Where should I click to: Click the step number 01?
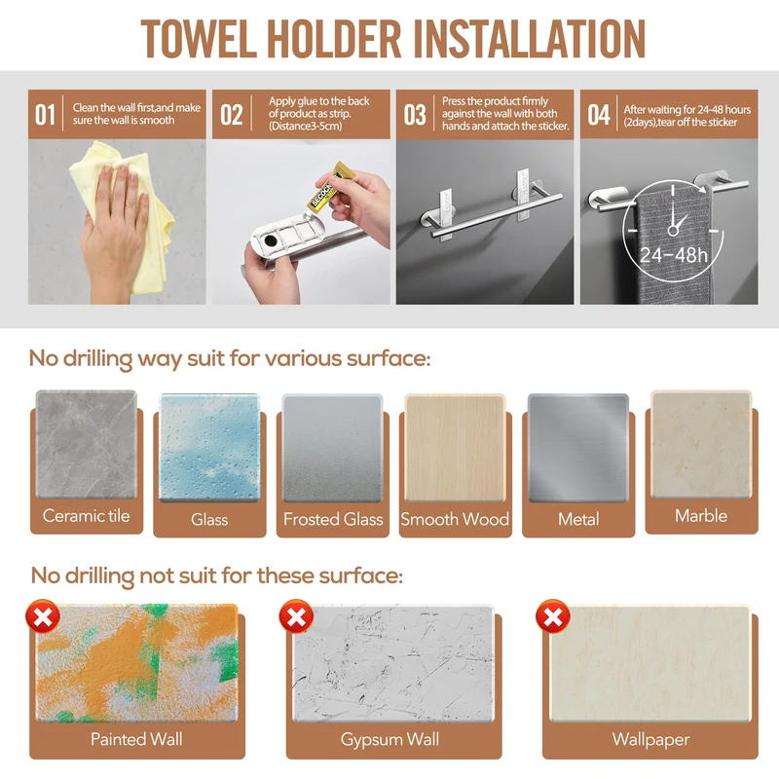point(45,115)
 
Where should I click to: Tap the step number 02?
point(231,115)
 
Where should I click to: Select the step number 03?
point(415,115)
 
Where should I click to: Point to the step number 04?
point(599,115)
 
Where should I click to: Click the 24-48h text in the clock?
point(673,255)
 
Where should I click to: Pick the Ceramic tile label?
point(86,516)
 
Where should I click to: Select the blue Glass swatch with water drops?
point(209,448)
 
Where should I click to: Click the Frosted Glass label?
point(333,519)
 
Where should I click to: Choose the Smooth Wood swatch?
point(455,448)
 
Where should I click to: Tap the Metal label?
point(578,519)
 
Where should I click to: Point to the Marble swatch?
point(701,445)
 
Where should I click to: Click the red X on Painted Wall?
point(43,616)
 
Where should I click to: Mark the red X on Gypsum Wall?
point(296,616)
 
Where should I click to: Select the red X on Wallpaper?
point(552,616)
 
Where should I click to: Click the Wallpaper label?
point(650,740)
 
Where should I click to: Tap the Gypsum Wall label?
point(390,740)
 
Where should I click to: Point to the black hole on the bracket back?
point(272,240)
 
